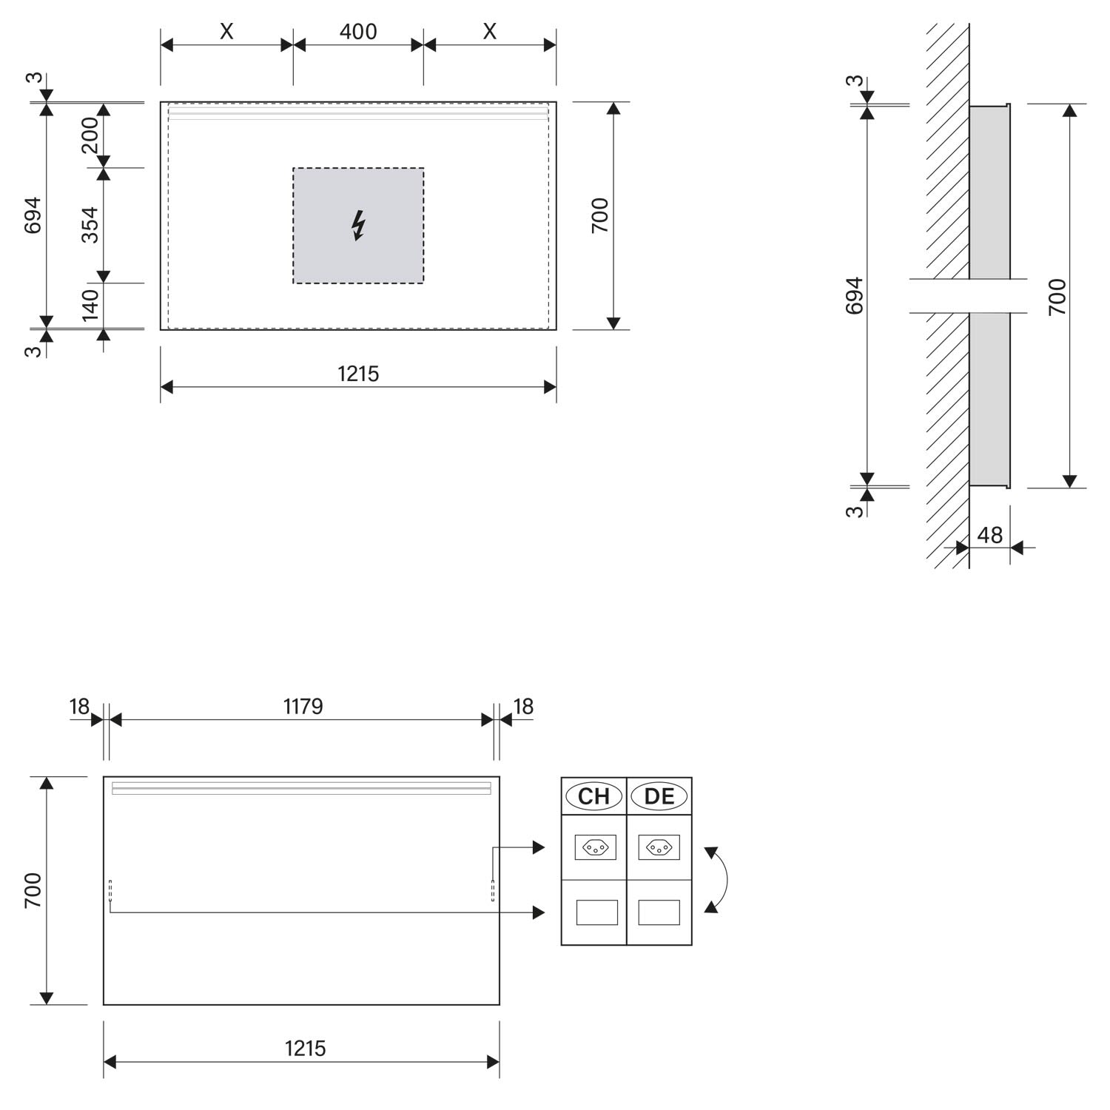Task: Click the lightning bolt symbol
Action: (358, 226)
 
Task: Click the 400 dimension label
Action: (358, 32)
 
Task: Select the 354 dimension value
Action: (90, 225)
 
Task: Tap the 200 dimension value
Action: (90, 135)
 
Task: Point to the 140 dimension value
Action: (90, 306)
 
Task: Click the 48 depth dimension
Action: (990, 535)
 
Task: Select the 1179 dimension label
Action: (303, 707)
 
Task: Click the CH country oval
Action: (593, 796)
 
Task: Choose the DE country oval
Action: (659, 796)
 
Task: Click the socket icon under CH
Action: (595, 847)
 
